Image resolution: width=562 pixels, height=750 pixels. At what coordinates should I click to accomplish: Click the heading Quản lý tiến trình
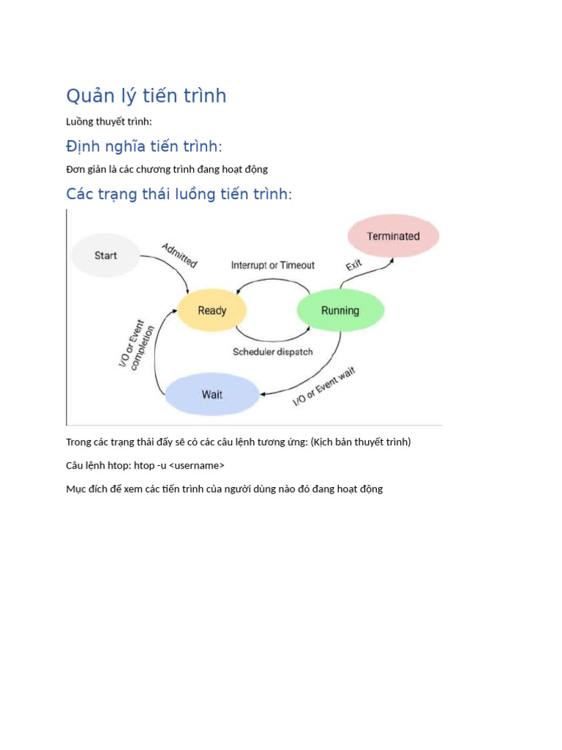click(146, 96)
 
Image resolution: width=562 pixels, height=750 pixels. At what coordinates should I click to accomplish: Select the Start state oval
click(105, 256)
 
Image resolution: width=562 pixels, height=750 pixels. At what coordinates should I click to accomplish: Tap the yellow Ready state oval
click(212, 311)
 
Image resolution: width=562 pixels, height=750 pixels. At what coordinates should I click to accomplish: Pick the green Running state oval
click(340, 311)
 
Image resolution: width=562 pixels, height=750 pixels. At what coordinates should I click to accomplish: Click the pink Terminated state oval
click(393, 236)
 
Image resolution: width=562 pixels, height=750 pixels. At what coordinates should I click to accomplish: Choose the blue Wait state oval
click(211, 395)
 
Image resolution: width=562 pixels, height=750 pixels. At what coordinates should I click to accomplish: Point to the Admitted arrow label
click(179, 254)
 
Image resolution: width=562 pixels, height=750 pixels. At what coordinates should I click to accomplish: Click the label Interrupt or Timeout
click(273, 265)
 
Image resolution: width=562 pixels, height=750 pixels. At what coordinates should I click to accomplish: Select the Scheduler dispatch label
click(273, 352)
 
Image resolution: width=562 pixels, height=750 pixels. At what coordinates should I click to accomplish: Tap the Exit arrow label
click(354, 264)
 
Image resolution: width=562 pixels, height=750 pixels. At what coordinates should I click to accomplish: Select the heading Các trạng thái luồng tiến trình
click(179, 194)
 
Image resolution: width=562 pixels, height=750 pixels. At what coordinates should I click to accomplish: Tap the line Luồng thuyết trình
click(109, 122)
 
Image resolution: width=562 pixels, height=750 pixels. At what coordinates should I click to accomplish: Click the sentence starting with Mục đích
click(224, 489)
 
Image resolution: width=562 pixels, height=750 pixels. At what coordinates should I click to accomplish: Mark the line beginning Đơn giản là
click(167, 169)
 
